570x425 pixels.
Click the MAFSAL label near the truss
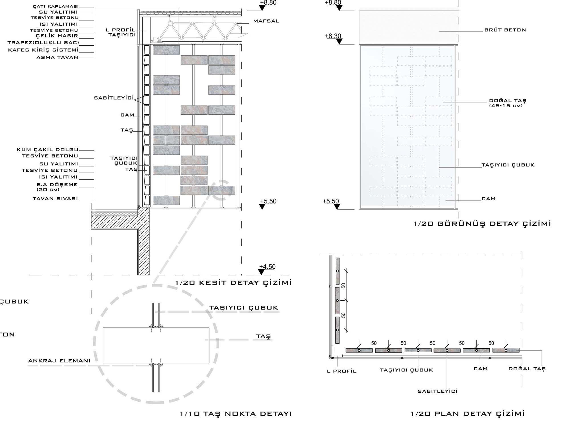pyautogui.click(x=266, y=21)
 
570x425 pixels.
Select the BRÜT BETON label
pyautogui.click(x=505, y=30)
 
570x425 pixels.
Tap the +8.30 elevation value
pyautogui.click(x=333, y=36)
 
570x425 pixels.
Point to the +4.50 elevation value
pyautogui.click(x=267, y=267)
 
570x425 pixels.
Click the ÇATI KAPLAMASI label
pyautogui.click(x=56, y=6)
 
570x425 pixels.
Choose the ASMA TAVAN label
pyautogui.click(x=57, y=57)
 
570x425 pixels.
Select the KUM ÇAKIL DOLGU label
pyautogui.click(x=48, y=149)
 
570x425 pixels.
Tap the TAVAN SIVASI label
pyautogui.click(x=55, y=199)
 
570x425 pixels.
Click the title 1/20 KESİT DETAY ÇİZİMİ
pyautogui.click(x=233, y=283)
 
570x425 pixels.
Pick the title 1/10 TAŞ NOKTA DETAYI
pyautogui.click(x=236, y=414)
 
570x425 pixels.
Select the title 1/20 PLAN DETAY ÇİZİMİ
pyautogui.click(x=468, y=414)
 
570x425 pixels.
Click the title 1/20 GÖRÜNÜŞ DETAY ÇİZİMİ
pyautogui.click(x=482, y=224)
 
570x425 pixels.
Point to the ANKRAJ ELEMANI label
pyautogui.click(x=59, y=361)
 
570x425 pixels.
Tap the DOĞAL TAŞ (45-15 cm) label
pyautogui.click(x=508, y=103)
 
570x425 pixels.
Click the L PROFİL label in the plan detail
pyautogui.click(x=342, y=371)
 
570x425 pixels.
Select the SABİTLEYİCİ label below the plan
pyautogui.click(x=437, y=391)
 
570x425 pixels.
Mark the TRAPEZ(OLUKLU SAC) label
pyautogui.click(x=43, y=42)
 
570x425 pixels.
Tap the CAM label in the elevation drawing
pyautogui.click(x=488, y=199)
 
